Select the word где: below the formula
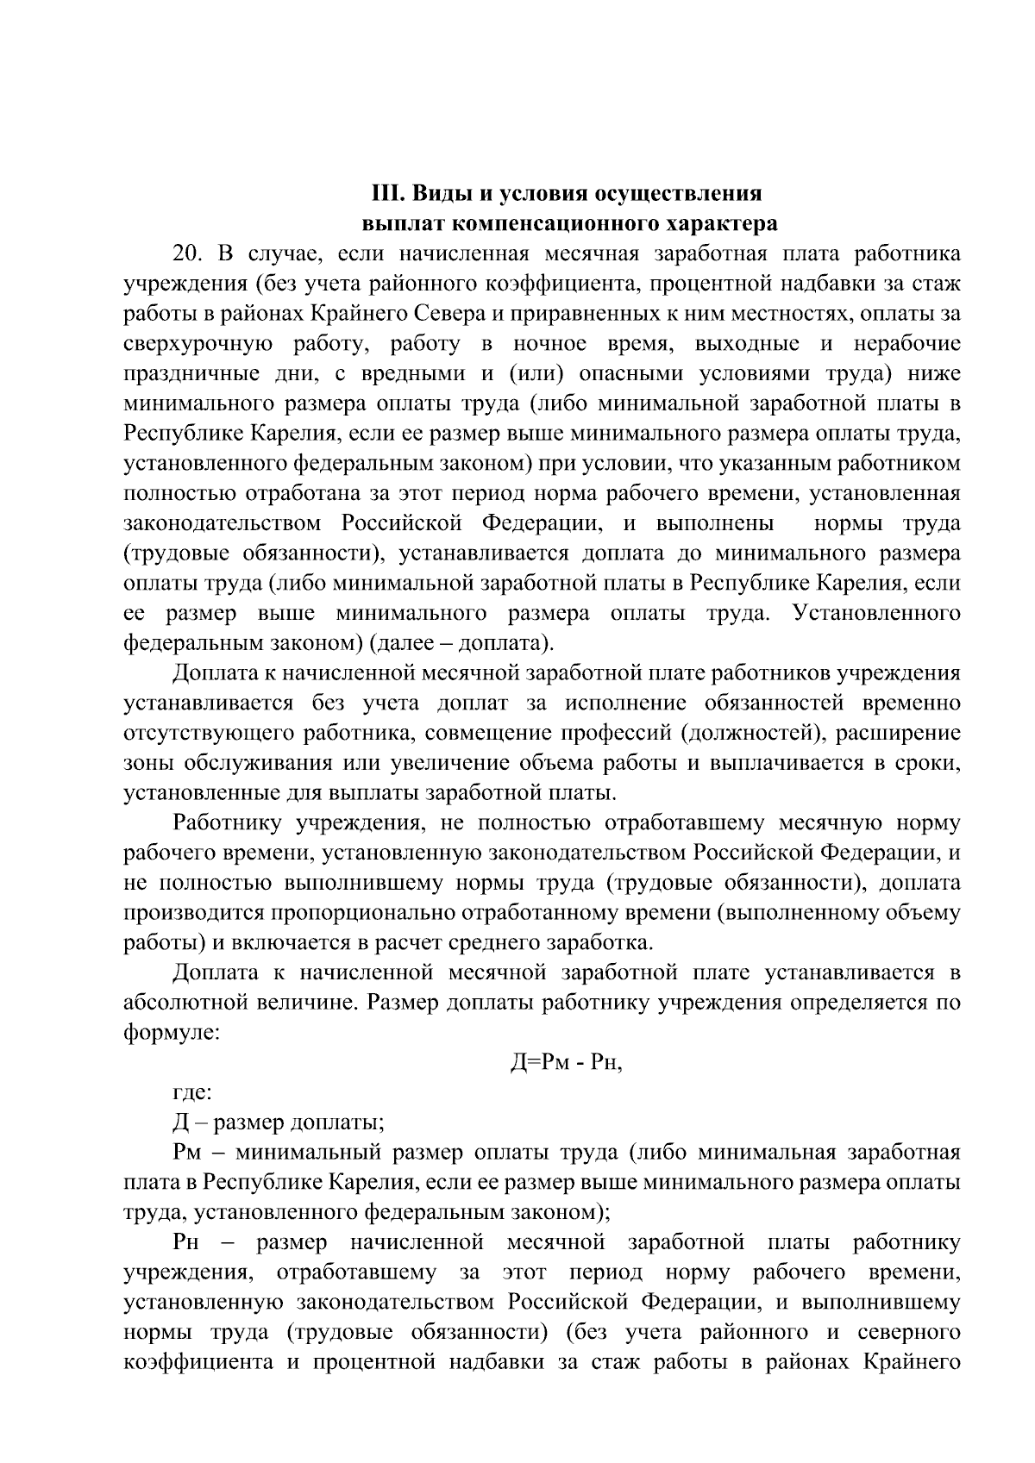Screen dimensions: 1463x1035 click(x=192, y=1093)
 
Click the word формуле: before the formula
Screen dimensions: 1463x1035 click(x=172, y=1033)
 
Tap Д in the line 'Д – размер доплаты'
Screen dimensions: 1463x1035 click(x=181, y=1123)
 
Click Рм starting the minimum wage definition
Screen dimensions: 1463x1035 click(x=187, y=1154)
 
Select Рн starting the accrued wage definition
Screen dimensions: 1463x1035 click(x=187, y=1243)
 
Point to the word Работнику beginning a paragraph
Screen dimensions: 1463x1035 click(x=228, y=823)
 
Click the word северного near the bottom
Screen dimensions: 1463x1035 click(x=909, y=1333)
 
